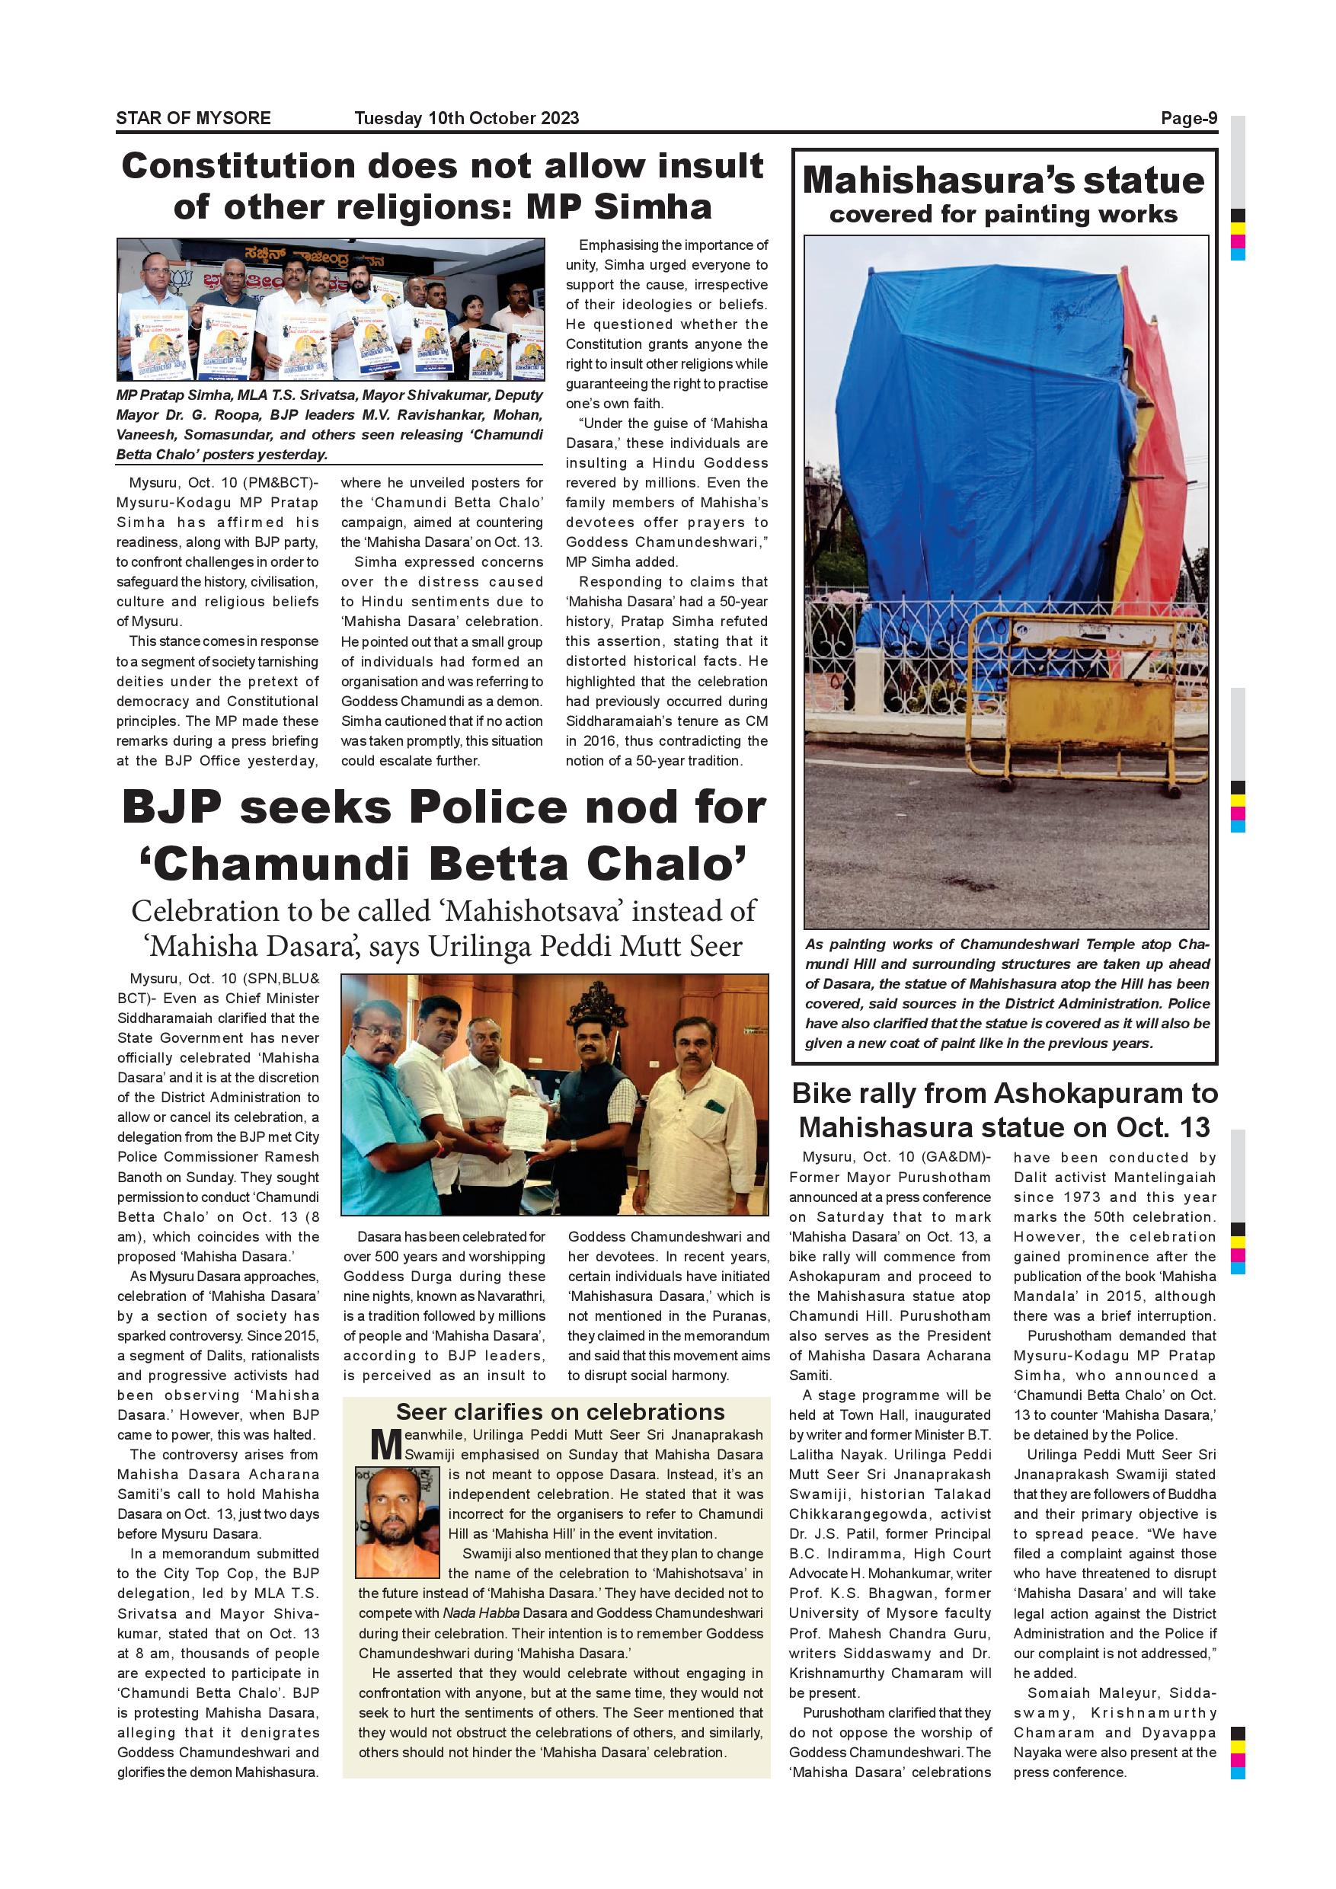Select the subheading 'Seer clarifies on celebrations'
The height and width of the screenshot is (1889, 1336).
[x=561, y=1412]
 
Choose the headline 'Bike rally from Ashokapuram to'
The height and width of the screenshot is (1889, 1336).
[x=1004, y=1094]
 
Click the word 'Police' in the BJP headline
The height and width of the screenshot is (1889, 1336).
[x=490, y=808]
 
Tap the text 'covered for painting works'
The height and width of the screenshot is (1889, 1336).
[x=1003, y=215]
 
